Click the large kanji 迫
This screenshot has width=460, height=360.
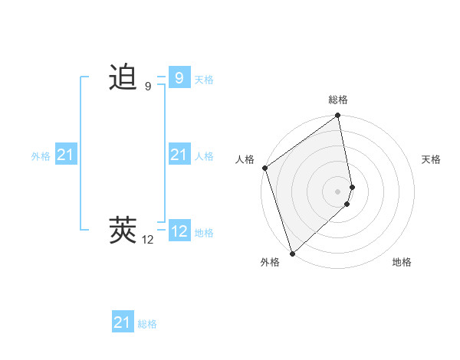tap(123, 77)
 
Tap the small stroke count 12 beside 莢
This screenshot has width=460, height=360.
tap(148, 240)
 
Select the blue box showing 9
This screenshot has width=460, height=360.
tap(179, 77)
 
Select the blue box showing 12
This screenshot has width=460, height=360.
tap(179, 231)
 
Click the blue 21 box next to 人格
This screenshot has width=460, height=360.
tap(179, 155)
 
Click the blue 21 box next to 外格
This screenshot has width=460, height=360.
tap(66, 155)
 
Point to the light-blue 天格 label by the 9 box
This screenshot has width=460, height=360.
tap(204, 80)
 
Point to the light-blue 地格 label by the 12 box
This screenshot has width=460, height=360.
tap(204, 233)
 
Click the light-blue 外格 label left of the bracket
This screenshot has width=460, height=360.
tap(41, 156)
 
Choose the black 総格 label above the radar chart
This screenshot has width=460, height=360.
tap(338, 100)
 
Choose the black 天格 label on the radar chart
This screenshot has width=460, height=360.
tap(432, 159)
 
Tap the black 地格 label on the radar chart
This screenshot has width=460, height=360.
tap(402, 263)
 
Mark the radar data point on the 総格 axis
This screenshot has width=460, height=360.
tap(338, 116)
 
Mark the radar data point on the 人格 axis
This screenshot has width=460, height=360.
tap(265, 168)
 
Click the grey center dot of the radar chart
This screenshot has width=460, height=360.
tap(338, 191)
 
